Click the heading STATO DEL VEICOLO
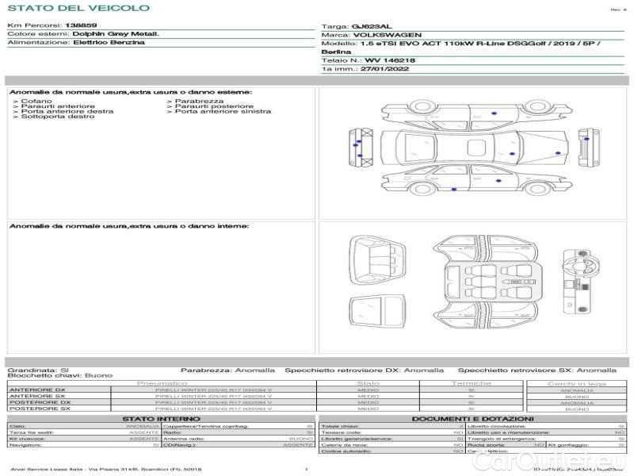coord(78,8)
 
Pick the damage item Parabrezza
coord(200,102)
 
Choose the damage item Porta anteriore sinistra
coord(223,112)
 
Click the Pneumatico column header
coord(162,383)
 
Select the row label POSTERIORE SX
coord(40,409)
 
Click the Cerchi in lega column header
coord(576,383)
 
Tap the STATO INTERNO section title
coord(162,419)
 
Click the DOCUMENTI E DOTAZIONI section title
coord(472,419)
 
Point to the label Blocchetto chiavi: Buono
coord(60,375)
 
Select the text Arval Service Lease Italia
coord(48,470)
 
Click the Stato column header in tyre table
coord(368,383)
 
